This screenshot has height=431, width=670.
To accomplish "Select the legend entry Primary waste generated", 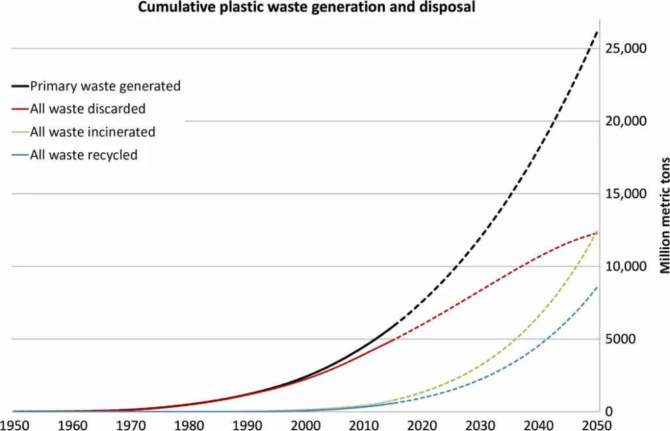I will [x=105, y=86].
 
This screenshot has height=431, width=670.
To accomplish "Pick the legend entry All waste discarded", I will [x=88, y=109].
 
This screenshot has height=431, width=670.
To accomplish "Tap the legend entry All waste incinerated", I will [x=92, y=132].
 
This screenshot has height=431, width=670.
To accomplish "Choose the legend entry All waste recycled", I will [x=84, y=155].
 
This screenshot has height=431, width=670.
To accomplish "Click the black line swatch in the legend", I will [x=20, y=86].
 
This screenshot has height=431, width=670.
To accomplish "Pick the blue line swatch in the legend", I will [x=20, y=156].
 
